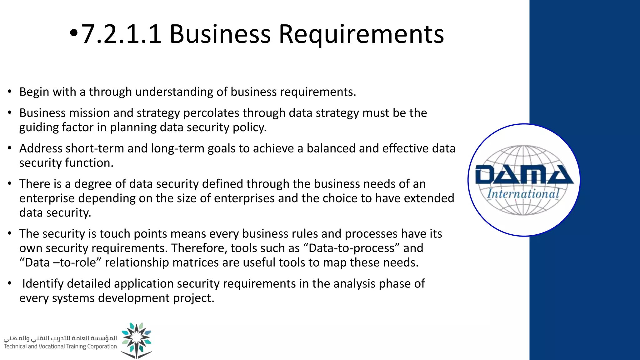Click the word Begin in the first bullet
click(34, 92)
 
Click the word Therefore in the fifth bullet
click(199, 248)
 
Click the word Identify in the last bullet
click(43, 284)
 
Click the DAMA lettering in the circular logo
click(524, 175)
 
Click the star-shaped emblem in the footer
click(137, 340)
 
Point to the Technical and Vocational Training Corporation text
click(60, 346)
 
